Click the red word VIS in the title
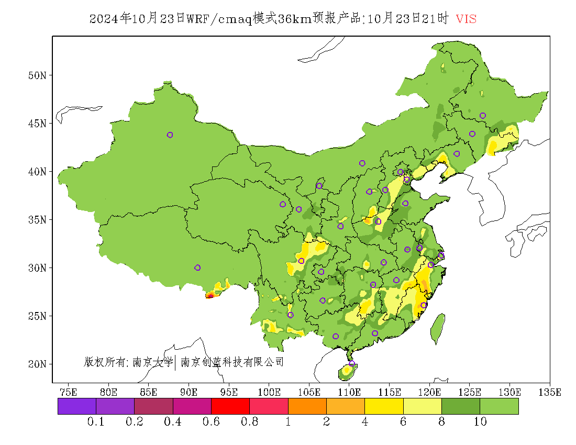click(x=466, y=19)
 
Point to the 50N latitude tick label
click(x=37, y=75)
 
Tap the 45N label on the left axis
click(x=37, y=124)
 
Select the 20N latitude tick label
click(x=37, y=364)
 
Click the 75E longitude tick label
click(x=68, y=392)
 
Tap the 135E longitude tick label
click(x=550, y=392)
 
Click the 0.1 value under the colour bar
click(x=96, y=422)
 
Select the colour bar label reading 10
click(x=480, y=422)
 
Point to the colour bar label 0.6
click(x=211, y=422)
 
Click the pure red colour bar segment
click(x=230, y=406)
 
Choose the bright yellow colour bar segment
click(x=384, y=406)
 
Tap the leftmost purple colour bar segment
click(x=76, y=406)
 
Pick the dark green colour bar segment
click(x=461, y=406)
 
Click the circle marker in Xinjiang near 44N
click(x=170, y=135)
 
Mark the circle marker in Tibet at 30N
click(x=197, y=268)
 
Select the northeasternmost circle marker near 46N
click(x=483, y=116)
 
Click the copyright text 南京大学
click(x=152, y=362)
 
